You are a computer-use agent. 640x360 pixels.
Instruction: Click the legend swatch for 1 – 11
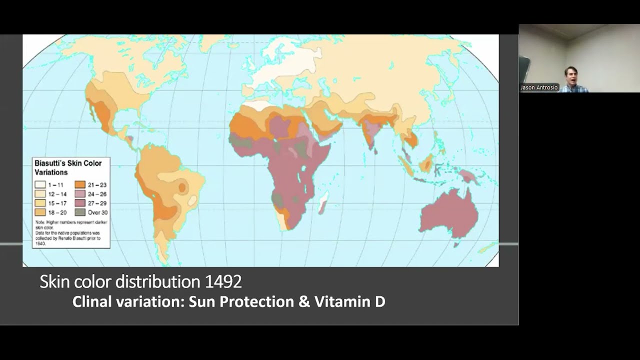[40, 184]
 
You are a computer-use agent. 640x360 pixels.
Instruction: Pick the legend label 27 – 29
[97, 203]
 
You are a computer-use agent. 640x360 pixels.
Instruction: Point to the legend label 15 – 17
[57, 203]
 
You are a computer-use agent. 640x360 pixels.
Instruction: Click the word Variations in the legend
[50, 172]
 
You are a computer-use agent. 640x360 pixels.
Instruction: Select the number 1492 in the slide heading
[223, 282]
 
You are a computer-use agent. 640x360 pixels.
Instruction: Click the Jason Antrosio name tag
[538, 87]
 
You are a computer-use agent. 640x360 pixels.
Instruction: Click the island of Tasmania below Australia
[456, 244]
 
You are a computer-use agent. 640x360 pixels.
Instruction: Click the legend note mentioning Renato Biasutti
[70, 235]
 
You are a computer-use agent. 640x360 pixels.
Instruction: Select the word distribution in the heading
[158, 282]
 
